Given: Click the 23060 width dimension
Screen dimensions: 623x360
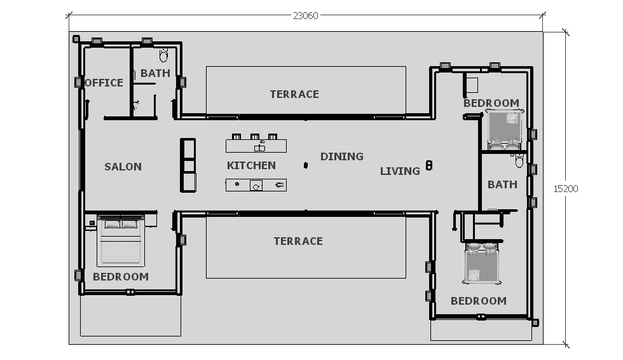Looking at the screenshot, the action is (x=306, y=15).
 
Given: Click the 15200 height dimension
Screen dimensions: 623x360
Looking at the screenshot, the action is (x=566, y=189).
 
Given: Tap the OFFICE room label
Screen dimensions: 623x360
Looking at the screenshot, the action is (x=104, y=83).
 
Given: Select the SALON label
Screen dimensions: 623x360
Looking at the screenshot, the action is (x=123, y=167).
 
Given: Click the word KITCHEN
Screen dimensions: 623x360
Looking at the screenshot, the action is (x=251, y=165).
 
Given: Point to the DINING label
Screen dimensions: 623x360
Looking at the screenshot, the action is (x=342, y=156).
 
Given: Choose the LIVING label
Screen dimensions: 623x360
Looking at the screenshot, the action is (x=400, y=171).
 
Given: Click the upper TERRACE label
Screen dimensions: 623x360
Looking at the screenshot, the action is (x=294, y=94).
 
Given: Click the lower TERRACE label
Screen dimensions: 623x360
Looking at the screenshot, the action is (x=298, y=241).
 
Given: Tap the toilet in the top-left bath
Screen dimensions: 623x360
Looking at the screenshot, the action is (x=163, y=55).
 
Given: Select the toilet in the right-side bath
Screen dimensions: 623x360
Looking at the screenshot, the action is (x=519, y=161).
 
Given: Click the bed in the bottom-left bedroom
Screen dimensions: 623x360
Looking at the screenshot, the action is (x=121, y=241).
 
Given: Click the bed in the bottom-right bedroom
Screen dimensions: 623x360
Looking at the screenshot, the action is (x=482, y=263).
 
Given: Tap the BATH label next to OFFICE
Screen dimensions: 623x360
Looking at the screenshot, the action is (x=155, y=73).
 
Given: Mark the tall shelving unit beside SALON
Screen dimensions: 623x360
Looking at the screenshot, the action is (x=188, y=165).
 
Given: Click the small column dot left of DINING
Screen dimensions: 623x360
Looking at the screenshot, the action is (x=306, y=165).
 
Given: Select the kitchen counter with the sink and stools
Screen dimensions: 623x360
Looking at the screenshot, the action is (x=256, y=144).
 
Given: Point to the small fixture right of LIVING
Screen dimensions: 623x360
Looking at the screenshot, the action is (x=428, y=165).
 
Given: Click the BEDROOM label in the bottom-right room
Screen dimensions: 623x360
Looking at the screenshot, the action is (x=478, y=301).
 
